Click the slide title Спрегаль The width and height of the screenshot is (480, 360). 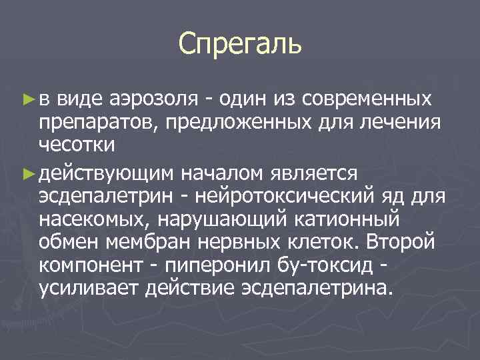pyautogui.click(x=240, y=44)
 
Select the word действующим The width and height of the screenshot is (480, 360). pyautogui.click(x=107, y=173)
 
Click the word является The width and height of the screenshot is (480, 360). pyautogui.click(x=315, y=173)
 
